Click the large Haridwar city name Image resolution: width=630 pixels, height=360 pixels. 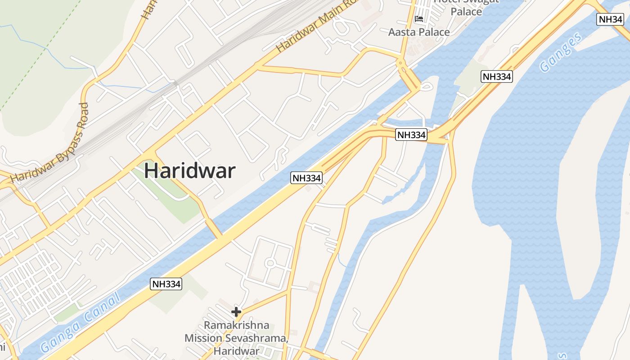[x=189, y=171]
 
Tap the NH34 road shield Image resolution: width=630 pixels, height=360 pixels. [x=610, y=19]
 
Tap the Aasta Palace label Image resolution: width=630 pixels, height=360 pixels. [x=419, y=32]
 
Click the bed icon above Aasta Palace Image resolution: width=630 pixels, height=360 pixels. [x=419, y=19]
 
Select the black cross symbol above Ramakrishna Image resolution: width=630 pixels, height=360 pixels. [x=236, y=311]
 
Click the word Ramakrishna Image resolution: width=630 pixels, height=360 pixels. [x=236, y=325]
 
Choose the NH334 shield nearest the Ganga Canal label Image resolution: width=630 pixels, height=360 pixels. [x=166, y=284]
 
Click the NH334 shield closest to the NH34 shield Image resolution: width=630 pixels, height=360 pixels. [x=497, y=76]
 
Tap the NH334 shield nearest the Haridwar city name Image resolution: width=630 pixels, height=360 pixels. [x=306, y=178]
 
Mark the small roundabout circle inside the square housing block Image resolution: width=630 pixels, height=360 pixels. [x=270, y=263]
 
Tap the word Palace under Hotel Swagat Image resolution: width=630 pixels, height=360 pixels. [x=466, y=12]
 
